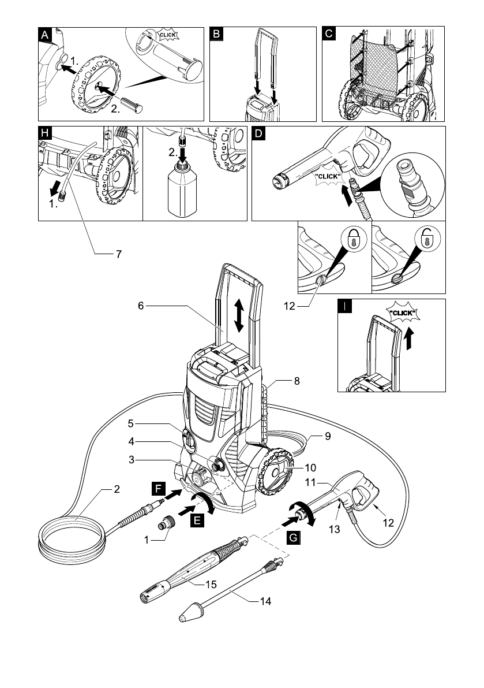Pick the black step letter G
292,537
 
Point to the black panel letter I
344,306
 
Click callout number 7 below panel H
118,253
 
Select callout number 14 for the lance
266,601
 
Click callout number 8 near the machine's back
296,382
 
